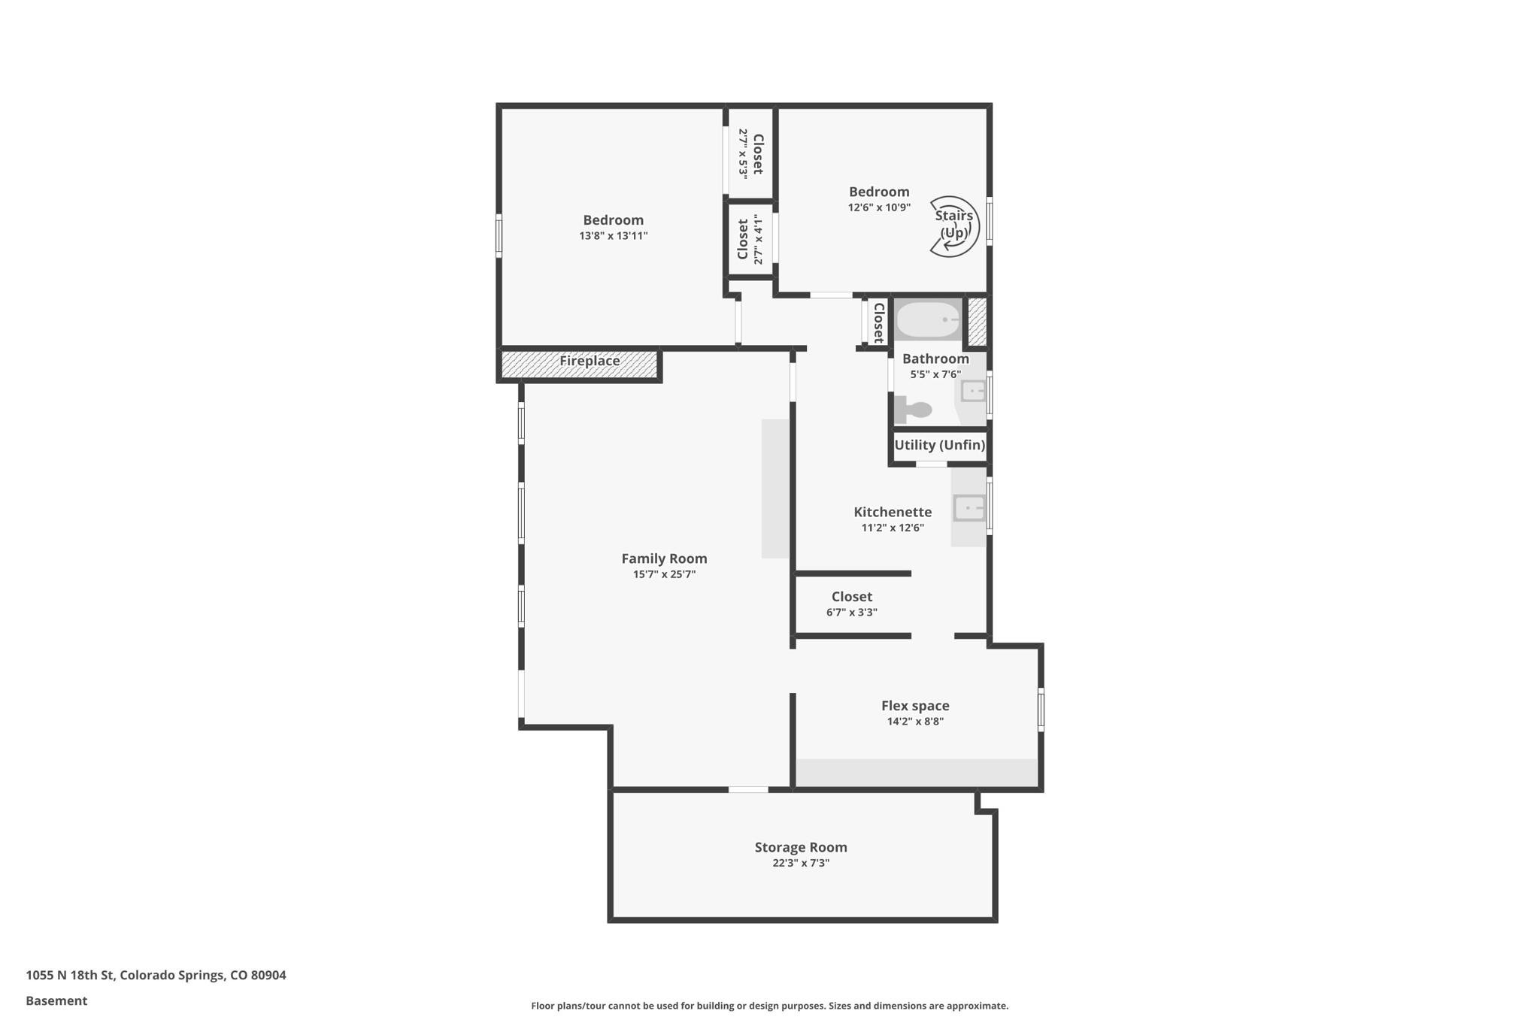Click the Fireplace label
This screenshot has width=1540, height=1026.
[590, 362]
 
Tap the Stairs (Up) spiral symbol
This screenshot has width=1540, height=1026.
[953, 226]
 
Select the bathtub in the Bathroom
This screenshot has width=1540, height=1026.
[929, 319]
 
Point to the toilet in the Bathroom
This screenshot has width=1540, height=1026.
[914, 410]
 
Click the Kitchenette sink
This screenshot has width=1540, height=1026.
[969, 508]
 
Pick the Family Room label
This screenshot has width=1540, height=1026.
[664, 558]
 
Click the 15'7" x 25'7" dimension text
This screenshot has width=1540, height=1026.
[664, 575]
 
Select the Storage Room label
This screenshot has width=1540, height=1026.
[801, 847]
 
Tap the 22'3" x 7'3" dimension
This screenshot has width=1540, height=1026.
[801, 864]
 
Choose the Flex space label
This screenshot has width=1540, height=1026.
[915, 706]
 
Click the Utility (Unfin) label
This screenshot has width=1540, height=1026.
[939, 445]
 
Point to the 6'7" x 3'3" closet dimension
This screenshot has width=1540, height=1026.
[851, 613]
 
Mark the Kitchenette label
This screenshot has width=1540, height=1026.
[893, 512]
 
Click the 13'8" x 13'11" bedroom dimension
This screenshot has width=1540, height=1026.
[613, 236]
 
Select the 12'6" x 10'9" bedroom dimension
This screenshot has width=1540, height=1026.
[879, 207]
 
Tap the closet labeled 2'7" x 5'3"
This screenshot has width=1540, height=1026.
[750, 153]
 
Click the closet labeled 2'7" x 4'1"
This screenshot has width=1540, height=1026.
[750, 240]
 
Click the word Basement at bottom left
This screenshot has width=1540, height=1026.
[56, 1000]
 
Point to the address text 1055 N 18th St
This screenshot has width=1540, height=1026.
[156, 975]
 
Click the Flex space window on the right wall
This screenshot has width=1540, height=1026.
[1041, 709]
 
